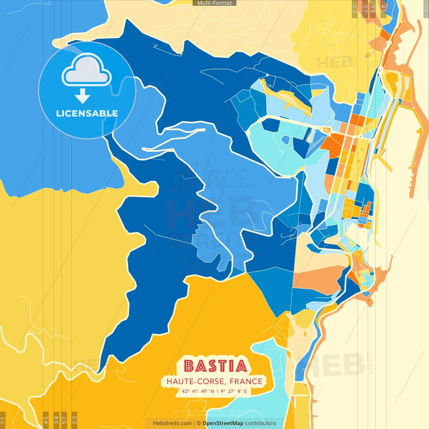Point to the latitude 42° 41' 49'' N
coord(198,391)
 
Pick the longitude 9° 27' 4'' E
coord(233,391)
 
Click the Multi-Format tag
coord(214,3)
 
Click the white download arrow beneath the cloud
coord(82,97)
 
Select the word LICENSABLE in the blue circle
coord(87,113)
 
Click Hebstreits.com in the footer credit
coord(172,423)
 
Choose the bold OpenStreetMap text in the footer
coord(223,423)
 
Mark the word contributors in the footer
coord(260,423)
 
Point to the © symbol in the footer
coord(199,423)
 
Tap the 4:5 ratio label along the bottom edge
coord(46,420)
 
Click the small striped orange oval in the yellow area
coord(368,54)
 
